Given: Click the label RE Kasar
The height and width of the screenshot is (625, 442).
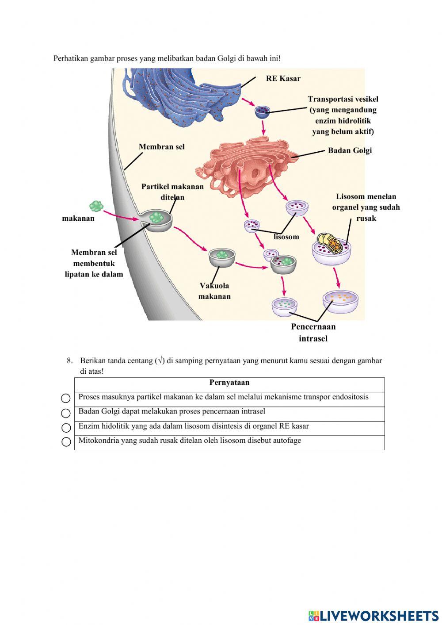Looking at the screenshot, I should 283,78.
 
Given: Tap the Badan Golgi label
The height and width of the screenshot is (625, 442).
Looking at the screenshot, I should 350,150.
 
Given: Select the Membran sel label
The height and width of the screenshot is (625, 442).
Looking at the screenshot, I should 161,147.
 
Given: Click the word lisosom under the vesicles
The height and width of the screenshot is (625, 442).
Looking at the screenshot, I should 286,237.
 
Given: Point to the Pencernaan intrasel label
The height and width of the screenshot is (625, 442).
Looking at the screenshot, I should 313,333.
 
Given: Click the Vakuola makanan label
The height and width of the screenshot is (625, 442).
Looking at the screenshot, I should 214,291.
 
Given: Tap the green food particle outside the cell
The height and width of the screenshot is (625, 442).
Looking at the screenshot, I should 96,206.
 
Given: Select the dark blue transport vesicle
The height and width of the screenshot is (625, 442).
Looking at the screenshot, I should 262,111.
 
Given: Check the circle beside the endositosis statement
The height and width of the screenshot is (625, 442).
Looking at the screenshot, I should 66,399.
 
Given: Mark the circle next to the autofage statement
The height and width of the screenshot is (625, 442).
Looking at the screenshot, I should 66,442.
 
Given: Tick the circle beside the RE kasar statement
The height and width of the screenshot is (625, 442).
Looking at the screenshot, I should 66,428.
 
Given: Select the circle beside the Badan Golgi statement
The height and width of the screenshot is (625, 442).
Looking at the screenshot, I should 66,413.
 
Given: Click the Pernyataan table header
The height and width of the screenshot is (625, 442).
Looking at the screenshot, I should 229,383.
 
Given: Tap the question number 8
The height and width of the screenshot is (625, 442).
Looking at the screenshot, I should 69,360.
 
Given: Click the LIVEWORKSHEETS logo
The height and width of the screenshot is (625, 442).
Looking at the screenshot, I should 373,616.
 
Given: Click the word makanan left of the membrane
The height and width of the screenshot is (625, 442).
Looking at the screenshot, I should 78,218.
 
